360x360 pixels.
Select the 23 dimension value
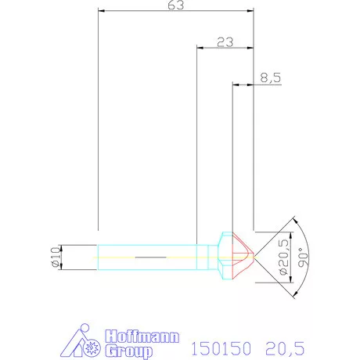point(225,42)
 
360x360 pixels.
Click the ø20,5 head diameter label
point(283,255)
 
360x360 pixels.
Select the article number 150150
point(220,344)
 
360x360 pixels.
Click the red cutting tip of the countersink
point(244,256)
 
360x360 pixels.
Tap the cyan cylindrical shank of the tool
point(149,256)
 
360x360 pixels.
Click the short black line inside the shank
point(150,256)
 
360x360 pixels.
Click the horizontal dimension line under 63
point(176,13)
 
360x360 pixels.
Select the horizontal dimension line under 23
point(225,49)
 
